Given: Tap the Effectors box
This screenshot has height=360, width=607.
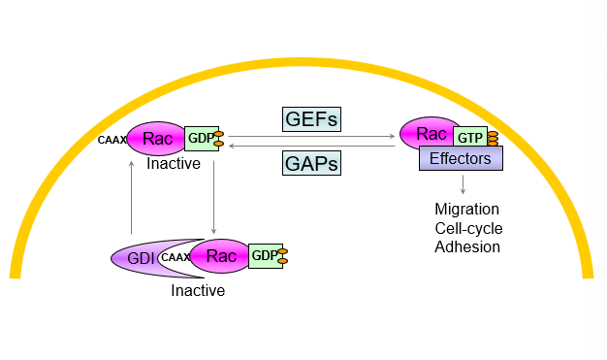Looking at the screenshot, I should click(x=461, y=158).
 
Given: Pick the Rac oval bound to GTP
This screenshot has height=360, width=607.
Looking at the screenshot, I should click(x=432, y=134).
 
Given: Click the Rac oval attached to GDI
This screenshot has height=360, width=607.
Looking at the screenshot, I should click(x=220, y=256).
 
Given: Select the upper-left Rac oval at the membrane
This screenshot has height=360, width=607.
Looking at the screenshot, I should click(x=157, y=139).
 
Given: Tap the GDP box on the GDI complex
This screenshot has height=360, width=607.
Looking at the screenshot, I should click(x=265, y=256).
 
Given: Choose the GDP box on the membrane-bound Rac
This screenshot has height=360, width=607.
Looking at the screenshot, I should click(x=200, y=138).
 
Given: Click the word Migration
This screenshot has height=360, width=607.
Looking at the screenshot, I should click(x=467, y=210).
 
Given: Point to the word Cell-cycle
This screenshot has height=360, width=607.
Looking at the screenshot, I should click(x=469, y=228).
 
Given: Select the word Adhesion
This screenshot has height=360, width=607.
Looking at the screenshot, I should click(x=467, y=246).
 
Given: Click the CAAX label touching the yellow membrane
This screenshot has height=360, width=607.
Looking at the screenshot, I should click(x=112, y=140).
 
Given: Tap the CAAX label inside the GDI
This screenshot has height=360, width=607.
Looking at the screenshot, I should click(x=175, y=257).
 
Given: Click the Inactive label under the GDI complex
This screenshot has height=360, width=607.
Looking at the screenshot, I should click(x=198, y=289).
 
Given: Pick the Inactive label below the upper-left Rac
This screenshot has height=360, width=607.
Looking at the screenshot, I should click(x=174, y=164).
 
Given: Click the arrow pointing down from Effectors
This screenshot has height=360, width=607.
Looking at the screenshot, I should click(x=463, y=184).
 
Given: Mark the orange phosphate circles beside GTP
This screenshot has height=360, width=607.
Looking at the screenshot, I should click(x=493, y=137).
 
